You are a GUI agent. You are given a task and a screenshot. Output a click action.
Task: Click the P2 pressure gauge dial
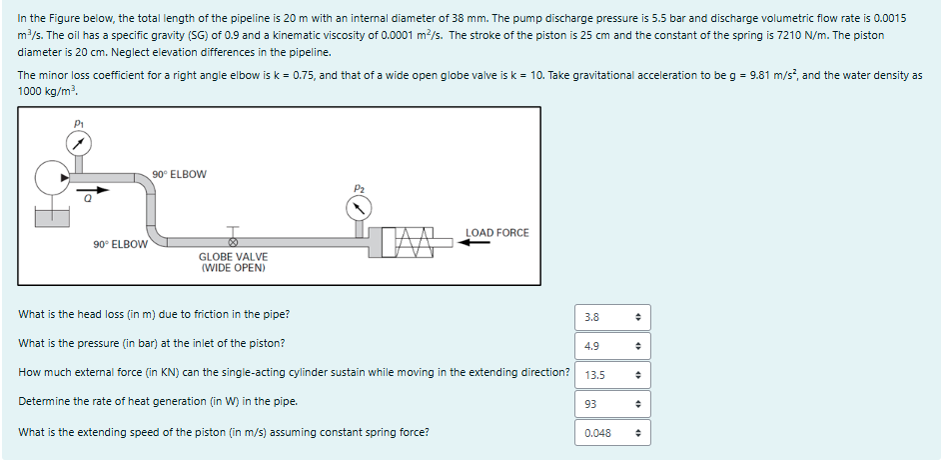(x=359, y=208)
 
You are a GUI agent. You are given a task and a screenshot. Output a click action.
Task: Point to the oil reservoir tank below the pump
(x=51, y=215)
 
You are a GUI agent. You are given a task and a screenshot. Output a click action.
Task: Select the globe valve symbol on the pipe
(x=234, y=240)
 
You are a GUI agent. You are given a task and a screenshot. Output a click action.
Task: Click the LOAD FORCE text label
(x=496, y=233)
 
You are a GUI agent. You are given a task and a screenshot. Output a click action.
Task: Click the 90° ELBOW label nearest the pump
(x=180, y=174)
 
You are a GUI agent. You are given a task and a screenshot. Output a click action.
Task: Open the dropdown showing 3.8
(x=611, y=317)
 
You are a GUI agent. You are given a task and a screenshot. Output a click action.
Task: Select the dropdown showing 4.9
(x=611, y=346)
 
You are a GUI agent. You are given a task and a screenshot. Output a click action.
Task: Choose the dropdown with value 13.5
(x=611, y=376)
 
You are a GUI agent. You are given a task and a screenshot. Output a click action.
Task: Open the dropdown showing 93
(x=611, y=405)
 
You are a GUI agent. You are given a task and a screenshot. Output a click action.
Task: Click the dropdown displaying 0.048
(x=611, y=434)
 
